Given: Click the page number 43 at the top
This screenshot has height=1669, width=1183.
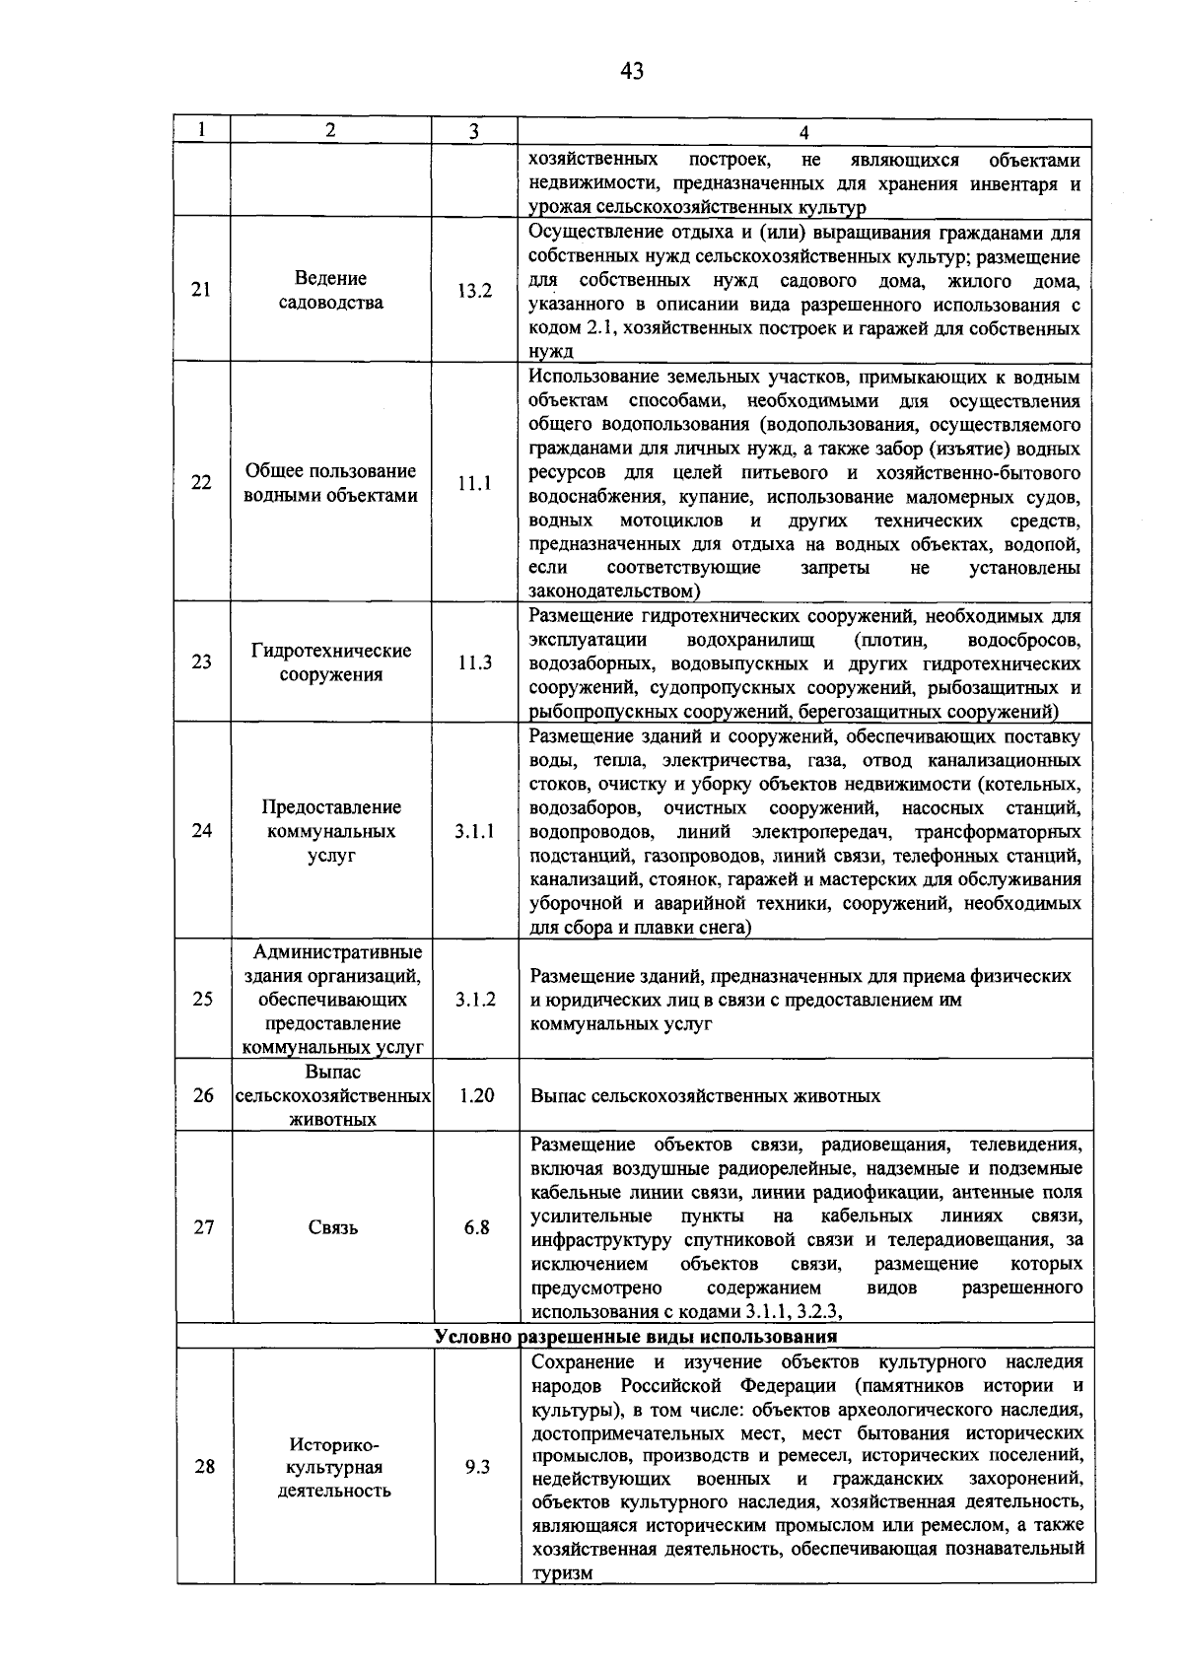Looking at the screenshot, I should (x=632, y=70).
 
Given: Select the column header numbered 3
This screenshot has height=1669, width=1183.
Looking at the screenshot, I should (x=474, y=131).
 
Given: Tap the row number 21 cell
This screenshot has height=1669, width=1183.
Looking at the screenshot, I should (x=201, y=290).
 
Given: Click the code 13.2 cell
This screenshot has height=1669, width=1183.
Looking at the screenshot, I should (x=474, y=291).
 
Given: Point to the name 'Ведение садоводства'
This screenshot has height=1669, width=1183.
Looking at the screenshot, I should (x=330, y=291).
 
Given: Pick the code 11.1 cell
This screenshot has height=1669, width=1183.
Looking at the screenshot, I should (x=474, y=483).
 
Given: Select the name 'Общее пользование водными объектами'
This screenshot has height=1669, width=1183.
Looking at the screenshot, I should (x=330, y=483).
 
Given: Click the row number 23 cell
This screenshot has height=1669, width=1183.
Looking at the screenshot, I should (x=201, y=662).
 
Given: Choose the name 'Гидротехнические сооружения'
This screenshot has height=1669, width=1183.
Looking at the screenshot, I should (x=330, y=662).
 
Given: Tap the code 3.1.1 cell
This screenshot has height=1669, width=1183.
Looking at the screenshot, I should (x=474, y=831).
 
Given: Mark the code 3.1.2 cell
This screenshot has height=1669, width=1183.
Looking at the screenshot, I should (x=474, y=1000).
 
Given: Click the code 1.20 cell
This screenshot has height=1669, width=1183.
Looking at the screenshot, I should (x=476, y=1095).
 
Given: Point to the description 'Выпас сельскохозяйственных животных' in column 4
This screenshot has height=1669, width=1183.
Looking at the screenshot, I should (x=705, y=1095).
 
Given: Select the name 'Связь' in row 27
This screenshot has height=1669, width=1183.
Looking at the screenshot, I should (x=332, y=1227).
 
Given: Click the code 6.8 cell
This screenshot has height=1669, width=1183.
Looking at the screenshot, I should (x=476, y=1227).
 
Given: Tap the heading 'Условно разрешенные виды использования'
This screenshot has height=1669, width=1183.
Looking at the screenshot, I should (x=636, y=1338).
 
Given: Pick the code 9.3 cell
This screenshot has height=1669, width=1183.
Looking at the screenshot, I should (x=477, y=1467).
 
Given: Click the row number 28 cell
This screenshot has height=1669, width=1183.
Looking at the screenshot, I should (x=204, y=1467).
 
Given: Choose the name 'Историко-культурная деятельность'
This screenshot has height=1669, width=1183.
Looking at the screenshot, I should (x=333, y=1467).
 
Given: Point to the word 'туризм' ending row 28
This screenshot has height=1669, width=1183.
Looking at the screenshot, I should (x=562, y=1574).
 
